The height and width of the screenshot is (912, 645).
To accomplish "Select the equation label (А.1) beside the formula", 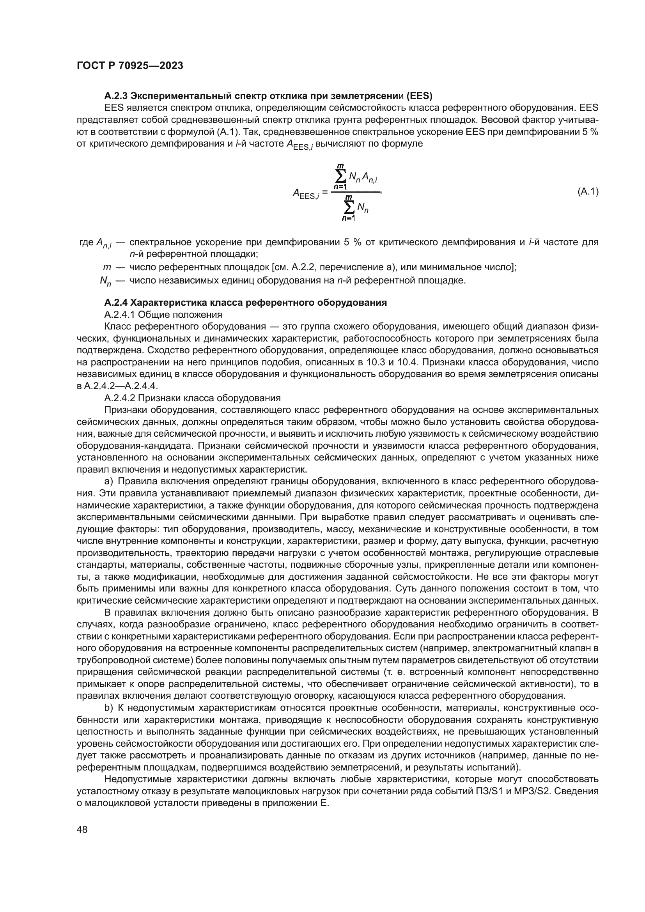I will point(587,192).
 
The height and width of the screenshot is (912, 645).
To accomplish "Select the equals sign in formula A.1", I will point(325,193).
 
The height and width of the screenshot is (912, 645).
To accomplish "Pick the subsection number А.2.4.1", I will point(120,315).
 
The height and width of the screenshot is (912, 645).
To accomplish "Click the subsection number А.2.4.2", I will point(120,398).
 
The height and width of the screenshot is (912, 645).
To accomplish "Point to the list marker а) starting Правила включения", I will point(109,482).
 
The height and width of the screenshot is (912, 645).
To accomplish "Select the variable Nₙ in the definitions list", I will point(105,282).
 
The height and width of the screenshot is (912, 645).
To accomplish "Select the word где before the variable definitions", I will point(86,242).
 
